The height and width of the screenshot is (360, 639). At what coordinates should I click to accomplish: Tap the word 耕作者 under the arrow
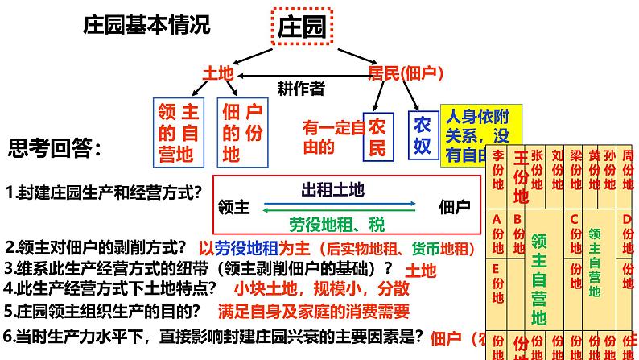pyautogui.click(x=300, y=87)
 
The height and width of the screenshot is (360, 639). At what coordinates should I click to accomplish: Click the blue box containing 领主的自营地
pyautogui.click(x=177, y=131)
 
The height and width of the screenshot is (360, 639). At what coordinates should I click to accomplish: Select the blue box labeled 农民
pyautogui.click(x=377, y=135)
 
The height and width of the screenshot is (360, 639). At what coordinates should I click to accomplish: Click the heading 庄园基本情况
pyautogui.click(x=146, y=25)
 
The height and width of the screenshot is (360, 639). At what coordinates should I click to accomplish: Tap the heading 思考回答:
pyautogui.click(x=56, y=148)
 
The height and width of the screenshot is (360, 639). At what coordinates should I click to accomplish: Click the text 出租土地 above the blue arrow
pyautogui.click(x=332, y=189)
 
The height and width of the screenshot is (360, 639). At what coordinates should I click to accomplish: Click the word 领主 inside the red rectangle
pyautogui.click(x=233, y=206)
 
